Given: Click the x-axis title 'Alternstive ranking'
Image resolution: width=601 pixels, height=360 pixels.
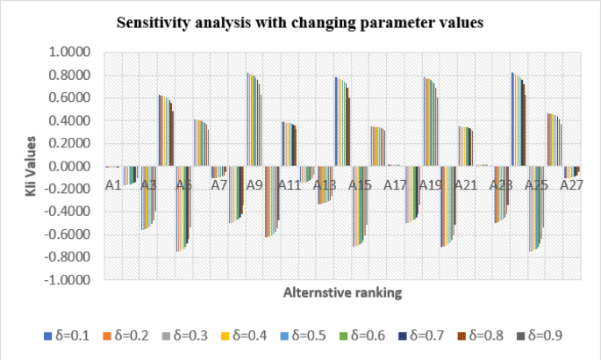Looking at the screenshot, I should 342,293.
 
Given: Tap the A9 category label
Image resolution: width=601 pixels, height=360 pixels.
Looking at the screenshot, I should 254,185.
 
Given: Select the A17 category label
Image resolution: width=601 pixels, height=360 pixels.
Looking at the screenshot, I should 395,185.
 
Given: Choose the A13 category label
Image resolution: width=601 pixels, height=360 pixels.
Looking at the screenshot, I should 325,185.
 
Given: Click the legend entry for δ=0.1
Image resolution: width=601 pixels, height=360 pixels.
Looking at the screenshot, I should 68,335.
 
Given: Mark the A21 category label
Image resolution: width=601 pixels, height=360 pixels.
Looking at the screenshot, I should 465,185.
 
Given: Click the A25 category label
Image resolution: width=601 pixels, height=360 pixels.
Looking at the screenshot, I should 536,185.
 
